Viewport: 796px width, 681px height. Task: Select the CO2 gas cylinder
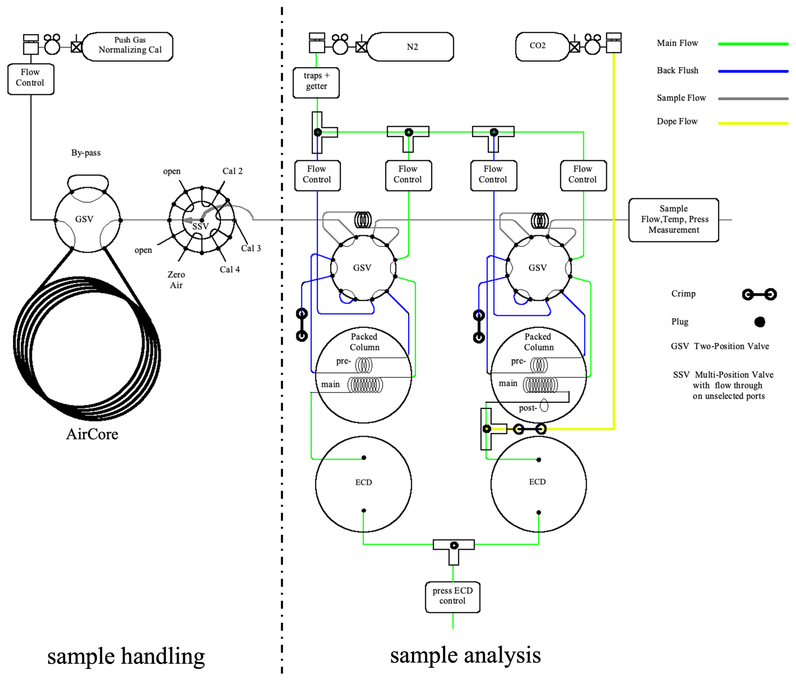click(x=540, y=46)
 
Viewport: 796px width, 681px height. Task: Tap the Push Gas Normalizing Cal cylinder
click(x=128, y=46)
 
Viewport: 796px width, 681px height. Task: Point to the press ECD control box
click(x=452, y=596)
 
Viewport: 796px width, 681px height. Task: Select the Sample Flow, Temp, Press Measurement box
click(x=673, y=220)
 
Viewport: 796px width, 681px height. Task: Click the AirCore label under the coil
click(x=92, y=434)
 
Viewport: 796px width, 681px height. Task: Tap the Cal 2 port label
click(x=232, y=171)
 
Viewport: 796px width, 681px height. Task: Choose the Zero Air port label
click(x=176, y=280)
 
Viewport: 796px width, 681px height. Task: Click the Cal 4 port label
click(x=230, y=270)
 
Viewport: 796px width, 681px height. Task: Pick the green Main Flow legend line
click(x=753, y=44)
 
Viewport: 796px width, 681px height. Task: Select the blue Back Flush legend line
click(x=753, y=71)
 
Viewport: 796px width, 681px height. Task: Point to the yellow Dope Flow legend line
click(x=753, y=123)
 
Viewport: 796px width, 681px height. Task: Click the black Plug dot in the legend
click(x=759, y=322)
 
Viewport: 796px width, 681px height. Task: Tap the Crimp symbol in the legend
click(x=759, y=294)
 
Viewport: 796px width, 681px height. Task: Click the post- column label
click(x=528, y=408)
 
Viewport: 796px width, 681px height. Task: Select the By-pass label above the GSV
click(x=86, y=153)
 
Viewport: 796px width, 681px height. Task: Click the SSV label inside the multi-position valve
click(x=200, y=226)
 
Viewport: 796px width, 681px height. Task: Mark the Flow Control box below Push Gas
click(x=30, y=78)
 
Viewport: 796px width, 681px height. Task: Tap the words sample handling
click(x=126, y=656)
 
